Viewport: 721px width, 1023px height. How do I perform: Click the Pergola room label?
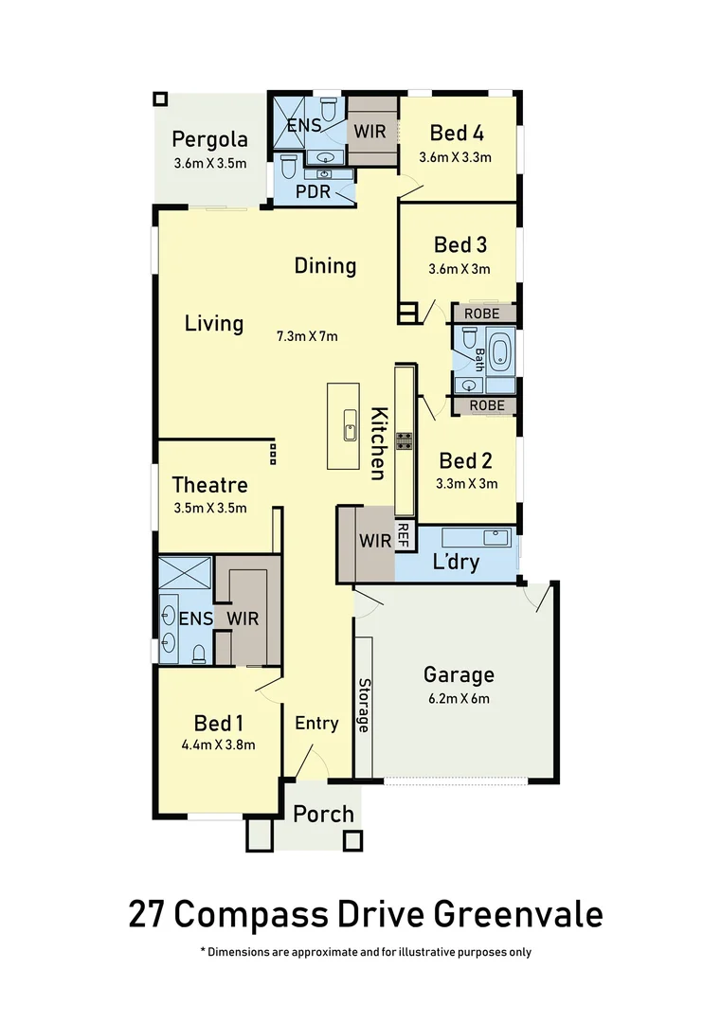pos(209,140)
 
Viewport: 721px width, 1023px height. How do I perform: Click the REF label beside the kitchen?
pos(403,537)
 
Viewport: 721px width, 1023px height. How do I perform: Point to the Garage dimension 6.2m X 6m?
pos(459,699)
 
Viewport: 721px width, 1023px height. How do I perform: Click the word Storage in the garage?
pos(364,705)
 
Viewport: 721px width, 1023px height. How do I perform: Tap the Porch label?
pos(323,814)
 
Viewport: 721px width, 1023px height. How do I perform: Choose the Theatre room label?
pos(209,485)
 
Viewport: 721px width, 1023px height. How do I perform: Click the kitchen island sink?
pos(350,431)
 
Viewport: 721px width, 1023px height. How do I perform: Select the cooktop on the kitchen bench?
pos(405,440)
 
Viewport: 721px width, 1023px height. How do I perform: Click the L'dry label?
pos(455,562)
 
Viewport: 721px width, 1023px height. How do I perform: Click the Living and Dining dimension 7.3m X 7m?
pos(307,336)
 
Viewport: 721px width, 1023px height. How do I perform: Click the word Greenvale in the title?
pos(518,915)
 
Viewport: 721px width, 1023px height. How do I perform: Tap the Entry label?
pos(315,724)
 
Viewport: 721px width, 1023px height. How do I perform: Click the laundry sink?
pos(496,537)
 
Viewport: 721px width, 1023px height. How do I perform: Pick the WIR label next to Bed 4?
pos(371,131)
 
